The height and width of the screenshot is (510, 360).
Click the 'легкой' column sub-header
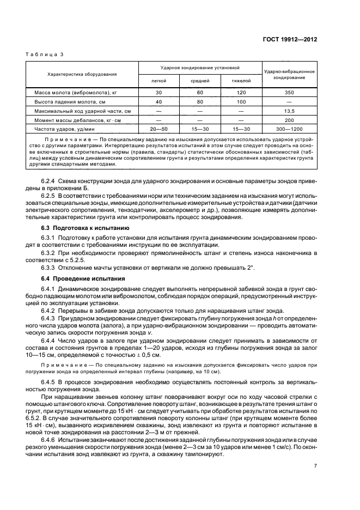158,81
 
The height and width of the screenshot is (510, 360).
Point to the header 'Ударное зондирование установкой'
200,68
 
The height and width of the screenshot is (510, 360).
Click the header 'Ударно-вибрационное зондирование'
289,75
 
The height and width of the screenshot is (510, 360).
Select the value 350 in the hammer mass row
289,93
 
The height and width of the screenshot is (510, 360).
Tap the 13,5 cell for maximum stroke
289,111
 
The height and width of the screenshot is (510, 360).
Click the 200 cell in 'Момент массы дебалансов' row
289,120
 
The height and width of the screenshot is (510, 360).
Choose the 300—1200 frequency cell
289,129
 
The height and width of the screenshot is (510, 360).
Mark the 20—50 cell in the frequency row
158,129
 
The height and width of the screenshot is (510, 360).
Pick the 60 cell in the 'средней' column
200,93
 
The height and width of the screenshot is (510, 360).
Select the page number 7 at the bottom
315,466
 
